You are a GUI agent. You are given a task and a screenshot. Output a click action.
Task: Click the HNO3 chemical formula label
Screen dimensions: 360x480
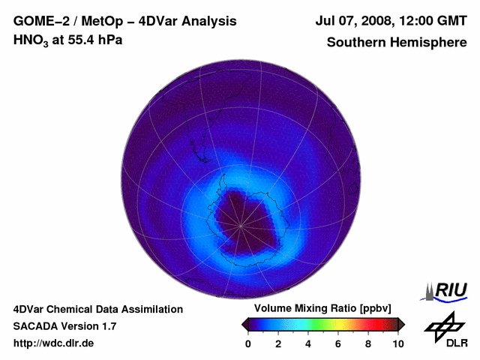coord(32,40)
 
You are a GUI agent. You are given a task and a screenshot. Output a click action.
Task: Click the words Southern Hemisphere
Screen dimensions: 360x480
coord(397,42)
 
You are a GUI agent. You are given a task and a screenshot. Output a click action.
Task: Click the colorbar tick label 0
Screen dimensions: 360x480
coord(248,343)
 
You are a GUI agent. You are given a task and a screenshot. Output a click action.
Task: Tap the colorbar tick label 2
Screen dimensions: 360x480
coord(278,343)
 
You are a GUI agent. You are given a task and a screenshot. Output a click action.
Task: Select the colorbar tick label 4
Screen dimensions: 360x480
coord(308,343)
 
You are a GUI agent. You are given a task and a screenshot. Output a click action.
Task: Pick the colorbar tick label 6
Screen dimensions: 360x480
coord(338,343)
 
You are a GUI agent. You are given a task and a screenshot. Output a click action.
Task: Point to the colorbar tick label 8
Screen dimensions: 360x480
coord(368,343)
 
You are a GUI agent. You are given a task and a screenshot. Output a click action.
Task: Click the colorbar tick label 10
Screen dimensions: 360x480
coord(398,343)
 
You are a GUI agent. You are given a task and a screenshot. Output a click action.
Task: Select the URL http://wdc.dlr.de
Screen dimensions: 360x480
coord(54,343)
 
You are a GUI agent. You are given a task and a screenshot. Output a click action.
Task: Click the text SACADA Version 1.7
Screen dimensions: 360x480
coord(64,326)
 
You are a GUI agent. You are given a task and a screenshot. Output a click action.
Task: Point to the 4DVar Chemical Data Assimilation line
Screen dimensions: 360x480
coord(97,309)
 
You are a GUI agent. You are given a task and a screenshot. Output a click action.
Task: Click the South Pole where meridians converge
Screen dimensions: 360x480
coord(241,225)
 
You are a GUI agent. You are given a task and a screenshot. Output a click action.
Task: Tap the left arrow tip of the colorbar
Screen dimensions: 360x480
coord(244,324)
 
